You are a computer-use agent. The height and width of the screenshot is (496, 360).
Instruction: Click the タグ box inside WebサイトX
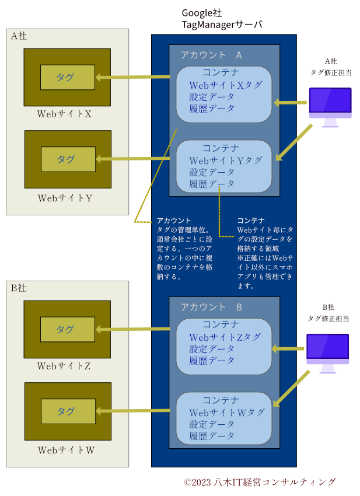tap(67, 77)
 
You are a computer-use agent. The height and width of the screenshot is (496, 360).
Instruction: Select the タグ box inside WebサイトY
tap(68, 159)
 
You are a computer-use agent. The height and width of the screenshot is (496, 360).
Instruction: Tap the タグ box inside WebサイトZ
tap(67, 330)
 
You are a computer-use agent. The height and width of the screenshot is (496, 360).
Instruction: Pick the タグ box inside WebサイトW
tap(68, 411)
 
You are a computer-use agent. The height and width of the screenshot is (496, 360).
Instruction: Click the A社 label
tap(19, 36)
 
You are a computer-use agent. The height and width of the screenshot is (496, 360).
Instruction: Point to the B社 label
tap(19, 288)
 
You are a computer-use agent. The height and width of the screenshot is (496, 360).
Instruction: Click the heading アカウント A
tap(211, 55)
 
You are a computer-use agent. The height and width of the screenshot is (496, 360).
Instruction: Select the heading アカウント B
tap(211, 307)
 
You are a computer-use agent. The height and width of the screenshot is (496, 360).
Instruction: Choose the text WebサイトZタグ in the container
tap(225, 337)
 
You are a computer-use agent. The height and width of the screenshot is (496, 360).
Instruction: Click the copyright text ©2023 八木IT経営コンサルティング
tap(260, 482)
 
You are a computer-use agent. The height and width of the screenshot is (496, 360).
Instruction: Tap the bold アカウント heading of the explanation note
tap(174, 221)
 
